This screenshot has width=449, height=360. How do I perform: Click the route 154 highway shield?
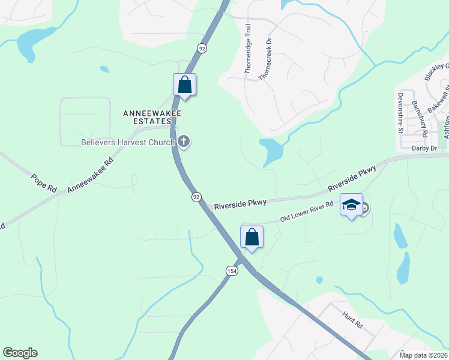pos(231,271)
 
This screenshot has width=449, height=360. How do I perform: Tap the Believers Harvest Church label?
pos(128,142)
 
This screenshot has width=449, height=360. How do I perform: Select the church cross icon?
pos(184,142)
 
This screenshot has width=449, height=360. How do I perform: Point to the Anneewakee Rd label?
pos(91,175)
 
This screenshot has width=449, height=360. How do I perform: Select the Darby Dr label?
pos(424,147)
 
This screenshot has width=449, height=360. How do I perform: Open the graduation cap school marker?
pos(351,205)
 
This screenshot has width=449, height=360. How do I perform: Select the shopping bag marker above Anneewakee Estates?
pos(184,85)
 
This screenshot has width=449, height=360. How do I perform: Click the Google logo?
pos(20,353)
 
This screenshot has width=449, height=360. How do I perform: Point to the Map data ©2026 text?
pos(424,355)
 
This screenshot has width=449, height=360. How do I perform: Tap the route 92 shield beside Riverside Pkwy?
pos(196,197)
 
